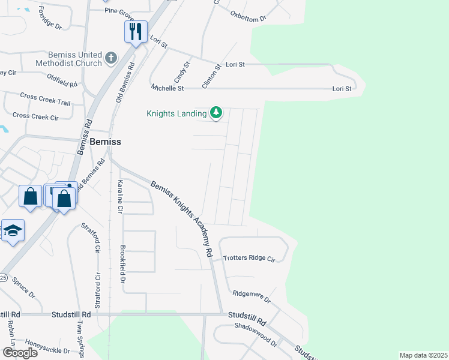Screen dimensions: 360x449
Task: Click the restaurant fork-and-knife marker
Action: pyautogui.click(x=136, y=31)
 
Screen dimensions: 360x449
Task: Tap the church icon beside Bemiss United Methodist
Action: pyautogui.click(x=110, y=58)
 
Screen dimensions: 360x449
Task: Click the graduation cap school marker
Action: pyautogui.click(x=12, y=232)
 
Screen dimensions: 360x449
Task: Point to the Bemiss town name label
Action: pyautogui.click(x=105, y=142)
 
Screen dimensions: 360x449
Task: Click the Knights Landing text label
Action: pyautogui.click(x=176, y=113)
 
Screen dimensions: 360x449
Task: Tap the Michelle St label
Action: pyautogui.click(x=167, y=88)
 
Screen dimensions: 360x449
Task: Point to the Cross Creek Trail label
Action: pyautogui.click(x=45, y=99)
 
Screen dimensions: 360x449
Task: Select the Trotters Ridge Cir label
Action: pyautogui.click(x=249, y=259)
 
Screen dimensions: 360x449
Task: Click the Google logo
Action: pyautogui.click(x=20, y=353)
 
